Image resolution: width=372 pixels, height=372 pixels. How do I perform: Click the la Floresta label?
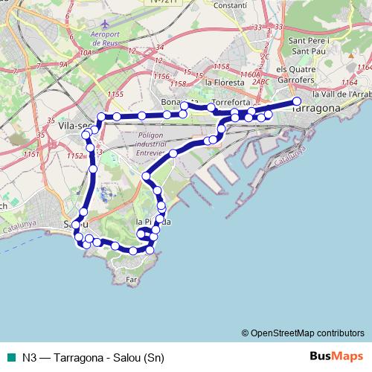click(x=224, y=82)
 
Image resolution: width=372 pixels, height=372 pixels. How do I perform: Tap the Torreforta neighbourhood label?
click(x=231, y=101)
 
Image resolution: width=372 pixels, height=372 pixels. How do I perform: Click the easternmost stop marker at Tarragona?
click(x=296, y=101)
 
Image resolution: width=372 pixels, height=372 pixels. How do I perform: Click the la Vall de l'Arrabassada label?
click(x=342, y=94)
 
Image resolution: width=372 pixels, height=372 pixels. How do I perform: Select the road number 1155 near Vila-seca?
click(x=115, y=94)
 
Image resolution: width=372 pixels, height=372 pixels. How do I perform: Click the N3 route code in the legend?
click(x=30, y=356)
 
